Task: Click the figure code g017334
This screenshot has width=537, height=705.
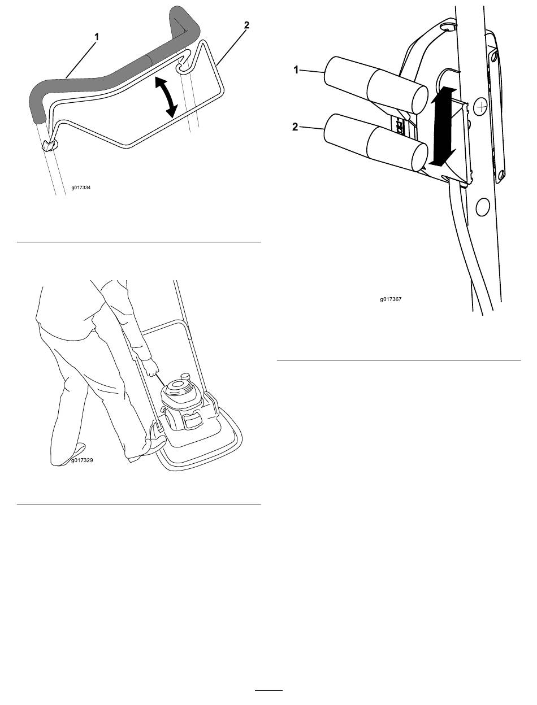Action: [81, 188]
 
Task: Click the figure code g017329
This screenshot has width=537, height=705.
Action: [82, 460]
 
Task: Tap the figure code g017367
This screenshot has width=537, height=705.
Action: [391, 299]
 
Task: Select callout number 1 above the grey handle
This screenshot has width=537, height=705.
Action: [97, 37]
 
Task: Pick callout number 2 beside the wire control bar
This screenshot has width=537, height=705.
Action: [246, 25]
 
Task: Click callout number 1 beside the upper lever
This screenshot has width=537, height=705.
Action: [296, 69]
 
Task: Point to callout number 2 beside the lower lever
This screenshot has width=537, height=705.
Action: [295, 127]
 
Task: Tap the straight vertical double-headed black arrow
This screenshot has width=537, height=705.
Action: [444, 126]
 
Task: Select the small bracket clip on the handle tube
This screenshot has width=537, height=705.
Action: [48, 146]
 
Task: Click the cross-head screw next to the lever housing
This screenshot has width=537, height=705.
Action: [482, 106]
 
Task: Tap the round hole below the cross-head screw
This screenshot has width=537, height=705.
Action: [482, 207]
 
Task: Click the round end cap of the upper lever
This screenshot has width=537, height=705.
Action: [421, 99]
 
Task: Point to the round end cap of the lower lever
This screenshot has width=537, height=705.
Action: [419, 157]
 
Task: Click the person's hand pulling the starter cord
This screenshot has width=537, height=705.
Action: [151, 368]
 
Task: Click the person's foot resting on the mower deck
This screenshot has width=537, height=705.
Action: [157, 442]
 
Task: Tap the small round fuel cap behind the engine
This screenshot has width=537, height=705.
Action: [186, 376]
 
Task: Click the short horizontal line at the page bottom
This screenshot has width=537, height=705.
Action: [269, 690]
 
